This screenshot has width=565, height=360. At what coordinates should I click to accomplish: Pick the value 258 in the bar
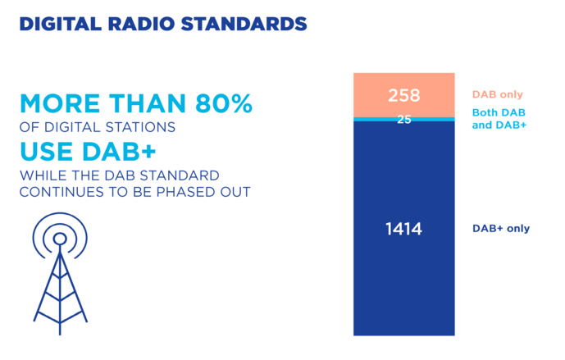coord(403,95)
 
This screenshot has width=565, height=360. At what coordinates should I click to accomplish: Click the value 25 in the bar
coord(403,120)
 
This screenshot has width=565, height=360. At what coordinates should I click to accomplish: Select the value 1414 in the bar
coord(403,230)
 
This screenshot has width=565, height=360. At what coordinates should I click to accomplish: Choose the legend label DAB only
coord(497,95)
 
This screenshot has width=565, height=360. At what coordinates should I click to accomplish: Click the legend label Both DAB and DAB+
coord(499,119)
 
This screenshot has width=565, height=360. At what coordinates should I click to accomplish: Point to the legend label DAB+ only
coord(500,229)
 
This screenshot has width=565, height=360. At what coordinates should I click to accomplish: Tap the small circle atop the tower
coord(59,239)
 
